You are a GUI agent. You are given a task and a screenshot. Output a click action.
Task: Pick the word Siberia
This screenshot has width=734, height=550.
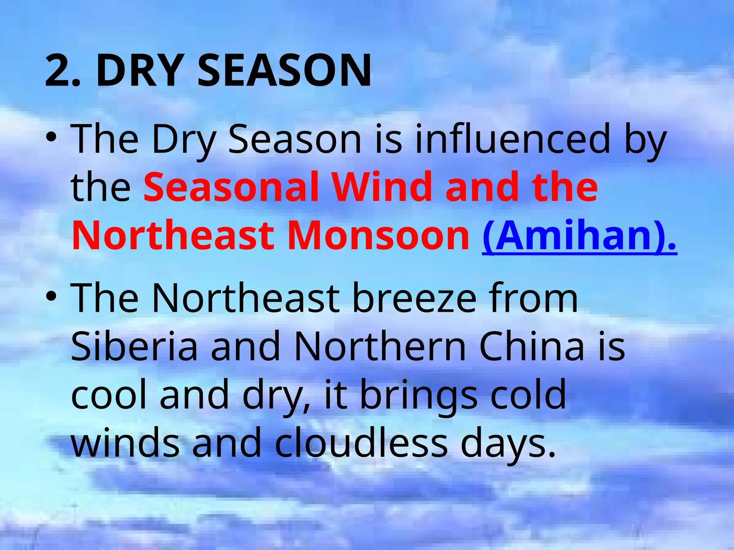[134, 346]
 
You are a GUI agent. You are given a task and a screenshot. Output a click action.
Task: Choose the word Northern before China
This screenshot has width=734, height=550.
[380, 346]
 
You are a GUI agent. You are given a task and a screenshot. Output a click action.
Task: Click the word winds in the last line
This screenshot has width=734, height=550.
[125, 443]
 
